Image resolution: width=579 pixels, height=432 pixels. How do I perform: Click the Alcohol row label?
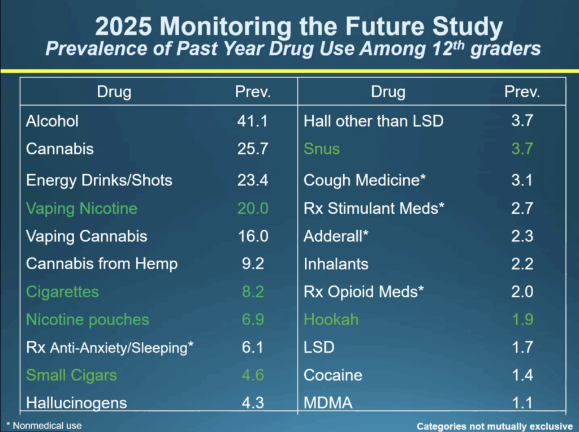[x=53, y=121]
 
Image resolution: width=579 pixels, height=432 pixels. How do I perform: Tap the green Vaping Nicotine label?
[x=81, y=208]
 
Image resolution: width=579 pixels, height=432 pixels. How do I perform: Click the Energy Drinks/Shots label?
[x=99, y=180]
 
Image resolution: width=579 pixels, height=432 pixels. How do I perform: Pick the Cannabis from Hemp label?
[x=102, y=263]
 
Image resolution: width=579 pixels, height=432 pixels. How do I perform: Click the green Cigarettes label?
[x=62, y=292]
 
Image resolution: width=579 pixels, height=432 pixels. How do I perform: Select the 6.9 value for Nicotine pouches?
[x=252, y=319]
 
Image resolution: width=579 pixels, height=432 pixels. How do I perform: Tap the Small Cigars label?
[x=71, y=375]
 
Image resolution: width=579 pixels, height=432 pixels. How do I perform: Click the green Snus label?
[x=322, y=149]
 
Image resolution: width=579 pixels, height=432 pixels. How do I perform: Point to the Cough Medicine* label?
[x=364, y=180]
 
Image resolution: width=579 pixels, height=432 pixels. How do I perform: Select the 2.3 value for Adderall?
[x=521, y=236]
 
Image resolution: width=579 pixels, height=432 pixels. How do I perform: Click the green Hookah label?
[x=331, y=319]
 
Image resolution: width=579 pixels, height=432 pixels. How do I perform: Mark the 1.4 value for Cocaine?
[x=521, y=375]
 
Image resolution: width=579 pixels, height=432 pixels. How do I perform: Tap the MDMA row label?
[x=328, y=403]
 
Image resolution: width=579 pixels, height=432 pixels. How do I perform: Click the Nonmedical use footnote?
[x=44, y=425]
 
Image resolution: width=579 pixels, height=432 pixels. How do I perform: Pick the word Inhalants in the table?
[x=336, y=263]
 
